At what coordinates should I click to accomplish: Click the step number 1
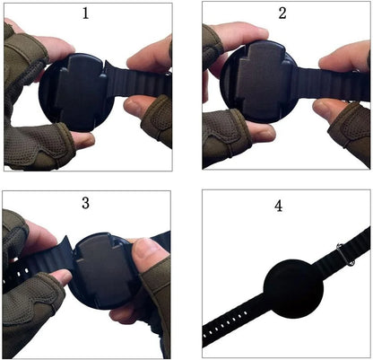[x=85, y=13]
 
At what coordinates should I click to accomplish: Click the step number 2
[x=282, y=13]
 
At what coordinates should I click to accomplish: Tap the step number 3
[x=85, y=203]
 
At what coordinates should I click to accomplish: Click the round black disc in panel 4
[x=292, y=288]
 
